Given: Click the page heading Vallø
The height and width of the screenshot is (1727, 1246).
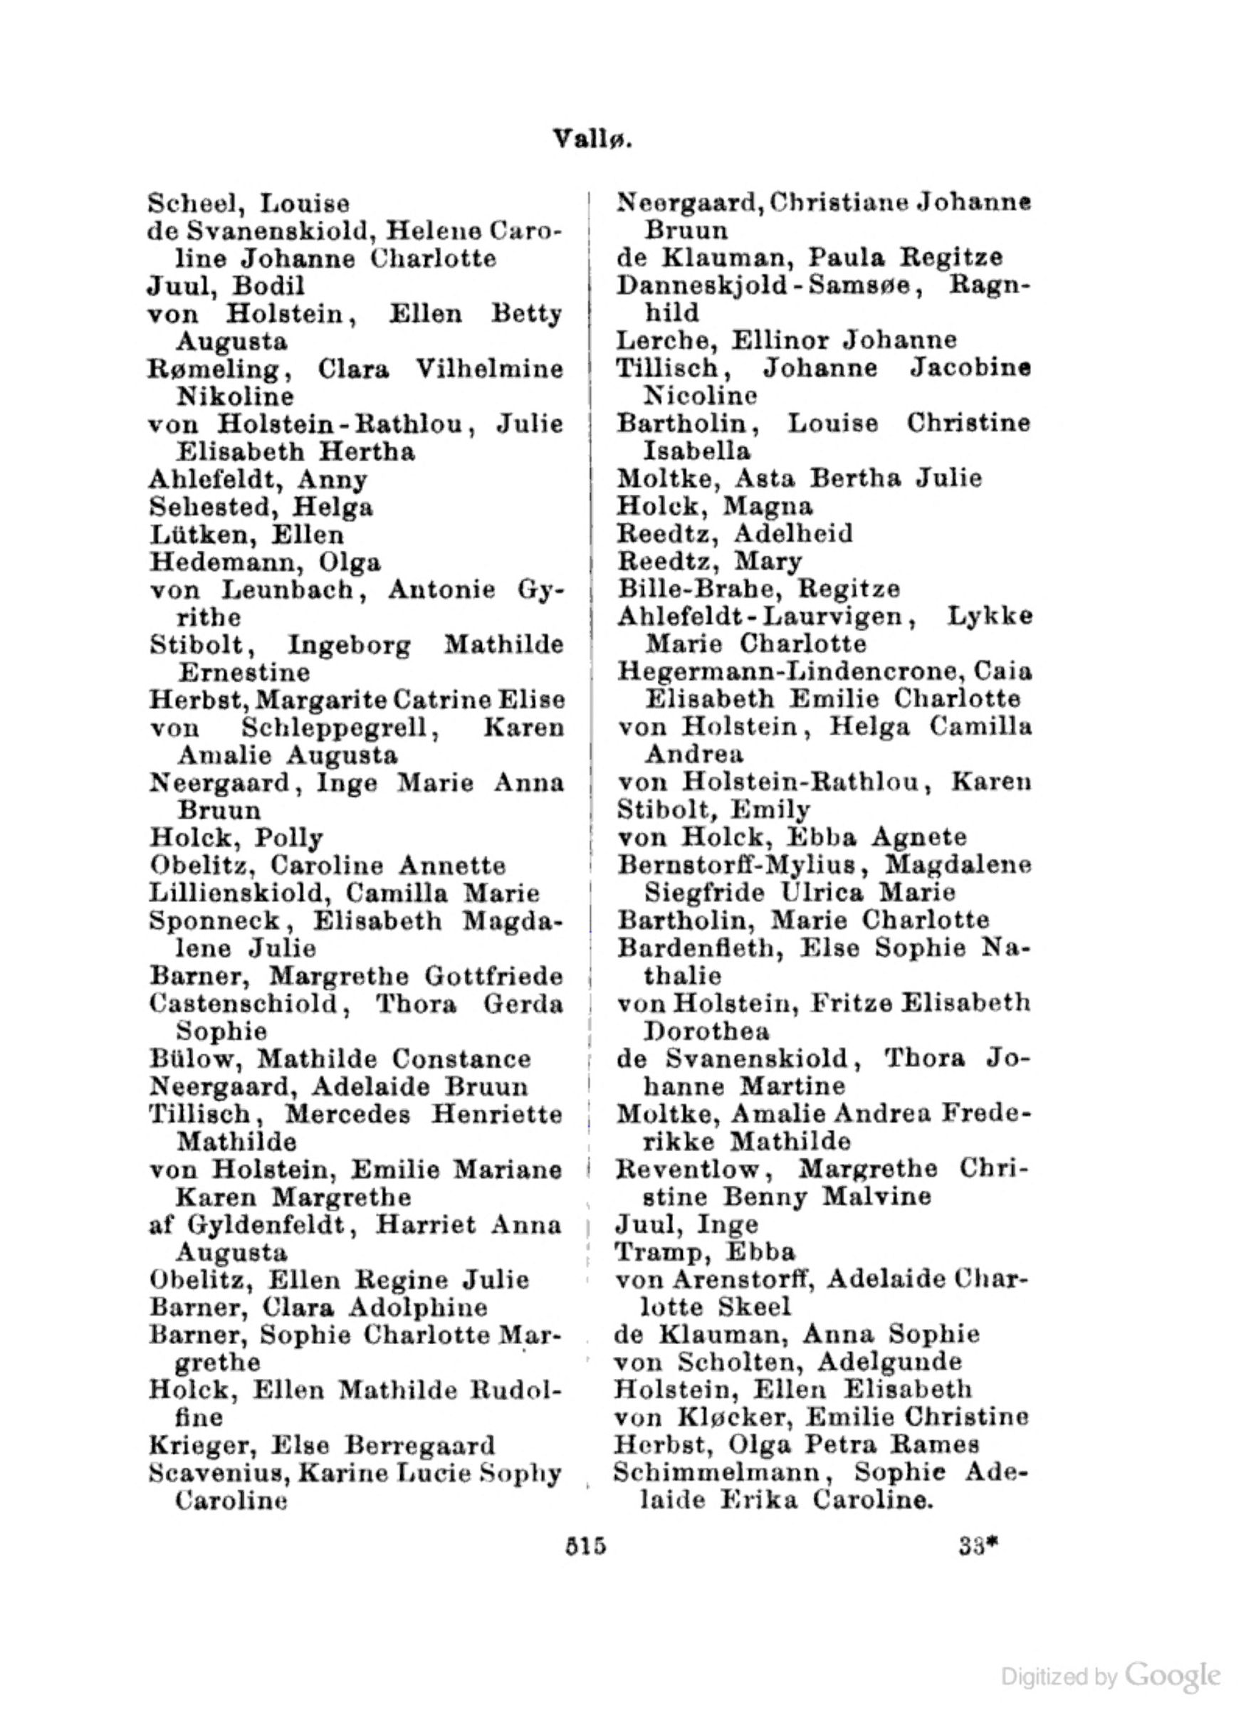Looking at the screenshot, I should coord(592,140).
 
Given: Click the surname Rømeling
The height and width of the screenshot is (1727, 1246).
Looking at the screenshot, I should coord(216,369).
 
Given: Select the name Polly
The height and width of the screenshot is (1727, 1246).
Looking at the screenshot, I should coord(288,839).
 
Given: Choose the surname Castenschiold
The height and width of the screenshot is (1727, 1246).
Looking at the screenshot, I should coord(243,1004).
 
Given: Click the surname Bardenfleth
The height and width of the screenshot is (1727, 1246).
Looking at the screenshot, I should coord(696,949).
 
